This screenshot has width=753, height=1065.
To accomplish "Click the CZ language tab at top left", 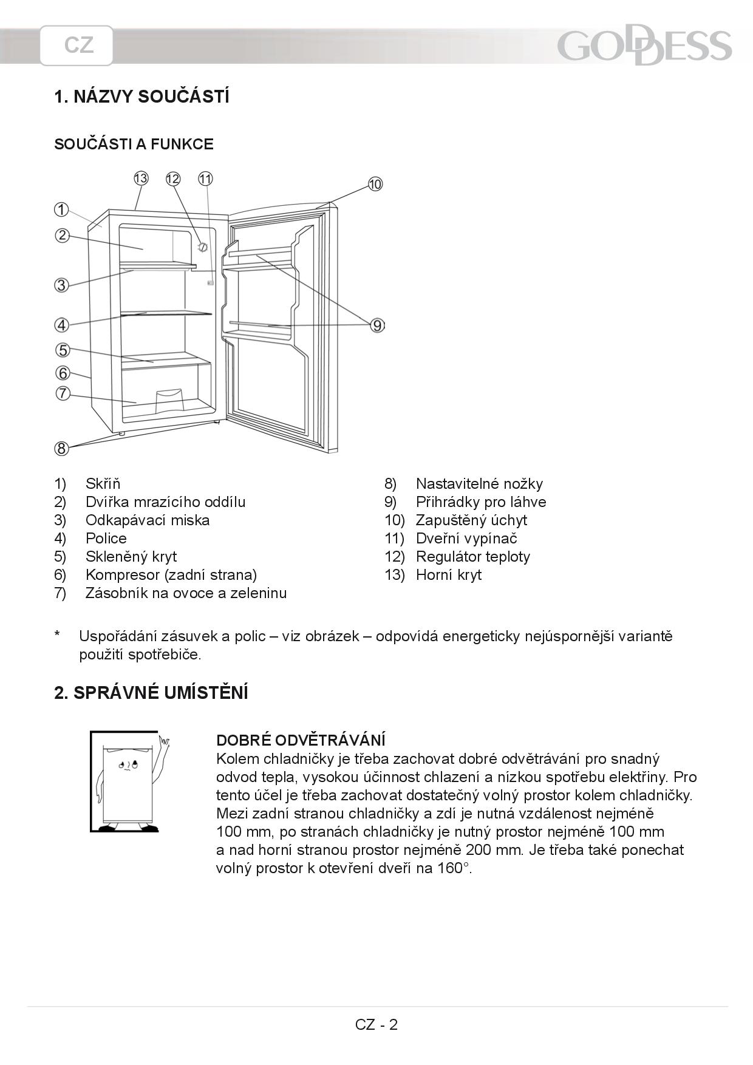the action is [77, 46].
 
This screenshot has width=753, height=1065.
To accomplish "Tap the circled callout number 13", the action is [141, 179].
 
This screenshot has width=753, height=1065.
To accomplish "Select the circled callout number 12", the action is [173, 179].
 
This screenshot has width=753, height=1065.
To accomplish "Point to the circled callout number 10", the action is [375, 184].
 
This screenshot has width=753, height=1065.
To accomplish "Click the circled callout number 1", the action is [61, 209].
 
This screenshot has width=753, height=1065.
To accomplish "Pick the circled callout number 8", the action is [61, 449].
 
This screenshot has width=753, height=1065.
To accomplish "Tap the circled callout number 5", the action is [63, 350].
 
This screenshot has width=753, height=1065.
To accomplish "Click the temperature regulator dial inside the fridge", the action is [203, 247].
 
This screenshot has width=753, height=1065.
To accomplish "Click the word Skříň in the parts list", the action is [103, 483].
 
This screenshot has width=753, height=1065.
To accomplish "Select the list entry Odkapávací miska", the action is [148, 520].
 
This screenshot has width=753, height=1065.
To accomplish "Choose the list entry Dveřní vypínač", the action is [466, 539].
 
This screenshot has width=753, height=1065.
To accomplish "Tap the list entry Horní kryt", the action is [449, 575].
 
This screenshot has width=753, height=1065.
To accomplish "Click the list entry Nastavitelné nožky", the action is [480, 484].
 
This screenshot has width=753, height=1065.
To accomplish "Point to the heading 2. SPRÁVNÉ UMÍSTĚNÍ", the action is [151, 693].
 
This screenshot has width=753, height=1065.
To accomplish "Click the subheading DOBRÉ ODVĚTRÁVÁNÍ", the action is [301, 740].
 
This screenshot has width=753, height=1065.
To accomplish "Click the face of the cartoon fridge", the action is [128, 764].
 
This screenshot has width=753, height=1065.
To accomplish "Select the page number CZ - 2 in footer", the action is [376, 1024].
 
